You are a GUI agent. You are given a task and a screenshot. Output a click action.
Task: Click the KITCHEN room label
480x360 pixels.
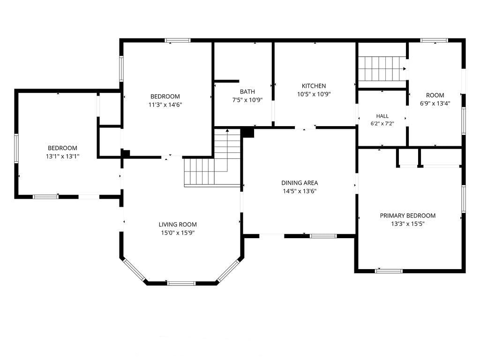click(314, 86)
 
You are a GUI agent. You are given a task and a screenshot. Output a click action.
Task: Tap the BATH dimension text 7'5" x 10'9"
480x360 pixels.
click(247, 100)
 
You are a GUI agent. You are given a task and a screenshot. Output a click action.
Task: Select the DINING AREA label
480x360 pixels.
click(300, 183)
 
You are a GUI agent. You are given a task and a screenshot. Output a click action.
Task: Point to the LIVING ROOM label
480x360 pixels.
click(178, 225)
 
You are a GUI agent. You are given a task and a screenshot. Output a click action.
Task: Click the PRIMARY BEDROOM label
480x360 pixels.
click(408, 216)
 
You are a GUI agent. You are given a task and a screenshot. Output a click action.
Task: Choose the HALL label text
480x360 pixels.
click(382, 116)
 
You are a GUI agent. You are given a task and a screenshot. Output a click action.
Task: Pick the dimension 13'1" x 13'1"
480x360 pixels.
click(62, 157)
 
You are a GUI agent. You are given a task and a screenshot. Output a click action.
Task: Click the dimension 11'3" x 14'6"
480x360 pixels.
click(165, 105)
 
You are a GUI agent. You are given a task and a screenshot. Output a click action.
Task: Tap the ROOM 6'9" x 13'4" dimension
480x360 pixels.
click(435, 104)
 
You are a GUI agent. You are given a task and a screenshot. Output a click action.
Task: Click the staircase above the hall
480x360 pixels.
click(382, 68)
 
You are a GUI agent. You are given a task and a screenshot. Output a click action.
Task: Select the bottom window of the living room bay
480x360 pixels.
click(181, 283)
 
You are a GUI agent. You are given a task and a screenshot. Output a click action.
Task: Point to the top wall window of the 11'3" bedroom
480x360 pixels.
click(178, 40)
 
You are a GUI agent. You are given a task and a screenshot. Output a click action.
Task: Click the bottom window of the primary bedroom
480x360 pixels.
click(389, 271)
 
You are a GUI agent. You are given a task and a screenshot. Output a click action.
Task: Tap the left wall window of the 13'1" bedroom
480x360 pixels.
click(16, 148)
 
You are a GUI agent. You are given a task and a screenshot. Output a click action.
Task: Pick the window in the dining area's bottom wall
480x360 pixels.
click(323, 236)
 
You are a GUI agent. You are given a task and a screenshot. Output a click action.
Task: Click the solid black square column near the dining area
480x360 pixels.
click(248, 133)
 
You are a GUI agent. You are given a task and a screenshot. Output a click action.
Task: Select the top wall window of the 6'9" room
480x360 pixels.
click(434, 40)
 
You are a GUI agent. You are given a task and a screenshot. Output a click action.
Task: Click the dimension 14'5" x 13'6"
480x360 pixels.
click(300, 191)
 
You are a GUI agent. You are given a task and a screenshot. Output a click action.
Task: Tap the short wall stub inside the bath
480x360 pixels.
click(226, 81)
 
